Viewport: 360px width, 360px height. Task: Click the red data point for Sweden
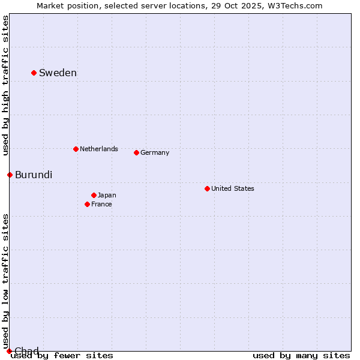tap(34, 73)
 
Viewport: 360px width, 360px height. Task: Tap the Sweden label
tap(58, 73)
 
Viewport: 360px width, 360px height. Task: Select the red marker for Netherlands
tap(76, 149)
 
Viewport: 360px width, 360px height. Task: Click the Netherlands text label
tap(99, 149)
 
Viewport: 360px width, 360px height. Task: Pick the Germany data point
tap(136, 152)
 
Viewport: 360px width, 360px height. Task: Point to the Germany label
tap(155, 152)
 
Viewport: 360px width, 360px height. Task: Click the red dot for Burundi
tap(10, 175)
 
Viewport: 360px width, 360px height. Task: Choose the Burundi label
tap(34, 175)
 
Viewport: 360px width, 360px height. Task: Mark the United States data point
tap(207, 188)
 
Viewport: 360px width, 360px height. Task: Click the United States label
tap(233, 188)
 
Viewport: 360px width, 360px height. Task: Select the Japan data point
tap(94, 195)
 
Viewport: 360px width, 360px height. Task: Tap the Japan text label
tap(107, 195)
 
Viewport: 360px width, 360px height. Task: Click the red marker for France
tap(87, 204)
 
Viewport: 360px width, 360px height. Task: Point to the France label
tap(101, 204)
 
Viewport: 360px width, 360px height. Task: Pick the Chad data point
tap(9, 351)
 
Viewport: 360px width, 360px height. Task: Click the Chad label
tap(26, 350)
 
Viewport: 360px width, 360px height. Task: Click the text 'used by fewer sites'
tap(62, 356)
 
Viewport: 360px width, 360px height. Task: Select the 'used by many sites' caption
tap(301, 356)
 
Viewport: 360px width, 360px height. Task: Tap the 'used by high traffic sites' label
tap(6, 85)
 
